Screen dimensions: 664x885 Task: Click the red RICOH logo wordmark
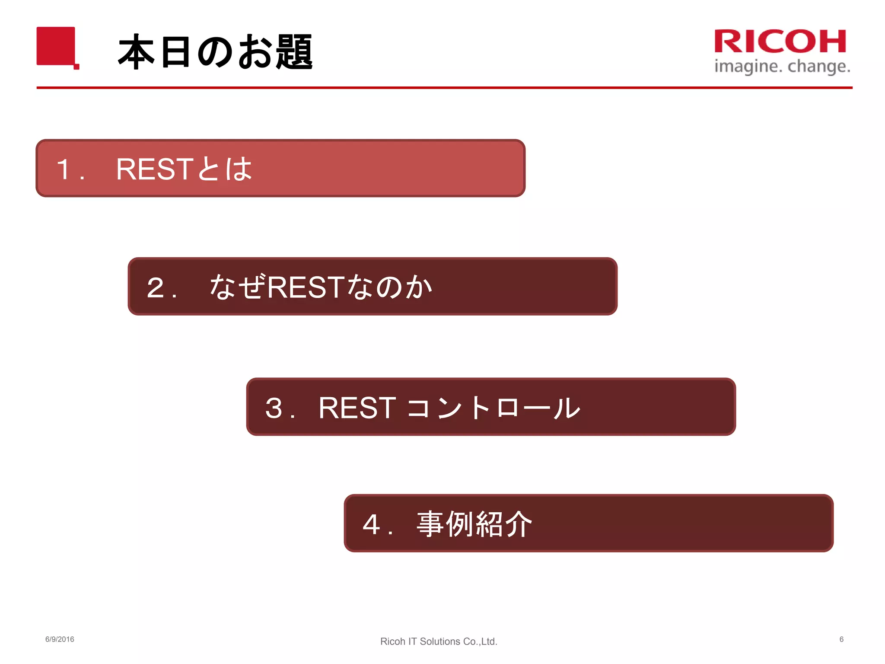point(780,41)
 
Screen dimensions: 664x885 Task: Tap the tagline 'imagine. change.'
point(782,67)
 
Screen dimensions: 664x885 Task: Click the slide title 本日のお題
point(215,52)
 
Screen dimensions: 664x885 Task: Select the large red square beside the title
point(56,46)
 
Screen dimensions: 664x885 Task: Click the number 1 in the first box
point(64,169)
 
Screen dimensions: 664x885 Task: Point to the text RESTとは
point(184,169)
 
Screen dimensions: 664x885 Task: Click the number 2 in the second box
point(156,287)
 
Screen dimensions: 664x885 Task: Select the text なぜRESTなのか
point(321,287)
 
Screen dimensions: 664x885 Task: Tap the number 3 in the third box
point(274,408)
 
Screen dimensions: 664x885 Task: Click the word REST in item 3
point(357,408)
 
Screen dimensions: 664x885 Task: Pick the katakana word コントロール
point(493,408)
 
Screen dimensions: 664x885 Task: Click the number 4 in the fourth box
point(372,524)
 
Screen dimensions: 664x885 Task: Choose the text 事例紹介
point(474,524)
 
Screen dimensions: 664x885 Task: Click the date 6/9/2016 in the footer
point(60,639)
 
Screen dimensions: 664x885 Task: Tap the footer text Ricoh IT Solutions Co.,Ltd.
point(439,642)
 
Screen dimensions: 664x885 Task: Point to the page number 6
point(841,639)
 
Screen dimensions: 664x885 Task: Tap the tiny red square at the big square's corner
point(76,67)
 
